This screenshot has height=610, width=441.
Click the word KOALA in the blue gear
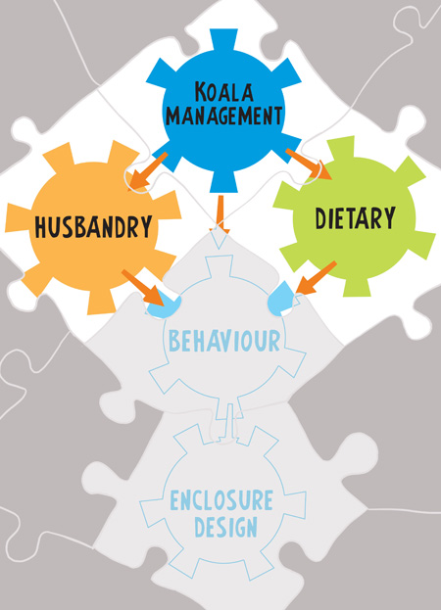224,92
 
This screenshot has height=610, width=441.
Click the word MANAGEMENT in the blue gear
223,116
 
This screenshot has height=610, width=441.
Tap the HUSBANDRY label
93,226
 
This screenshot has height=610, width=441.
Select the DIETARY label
355,218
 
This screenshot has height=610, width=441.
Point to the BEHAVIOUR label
224,341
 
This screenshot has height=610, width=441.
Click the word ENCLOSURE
221,500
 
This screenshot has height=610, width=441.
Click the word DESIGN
225,527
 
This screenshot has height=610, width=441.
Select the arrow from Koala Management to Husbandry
147,170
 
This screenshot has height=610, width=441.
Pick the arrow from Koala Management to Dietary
309,164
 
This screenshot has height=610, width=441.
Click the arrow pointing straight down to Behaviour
220,214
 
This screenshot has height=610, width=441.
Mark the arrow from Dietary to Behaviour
317,277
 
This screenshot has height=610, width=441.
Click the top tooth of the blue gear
223,42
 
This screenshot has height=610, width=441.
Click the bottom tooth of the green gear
357,287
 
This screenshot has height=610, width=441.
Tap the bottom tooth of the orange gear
101,302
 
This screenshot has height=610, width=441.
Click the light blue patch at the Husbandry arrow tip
164,306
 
